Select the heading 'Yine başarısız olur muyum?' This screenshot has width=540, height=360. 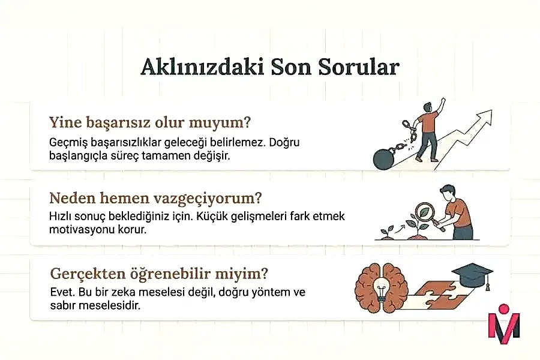tap(149, 122)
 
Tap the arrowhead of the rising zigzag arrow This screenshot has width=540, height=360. tap(486, 116)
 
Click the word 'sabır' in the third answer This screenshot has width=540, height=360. tap(65, 305)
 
